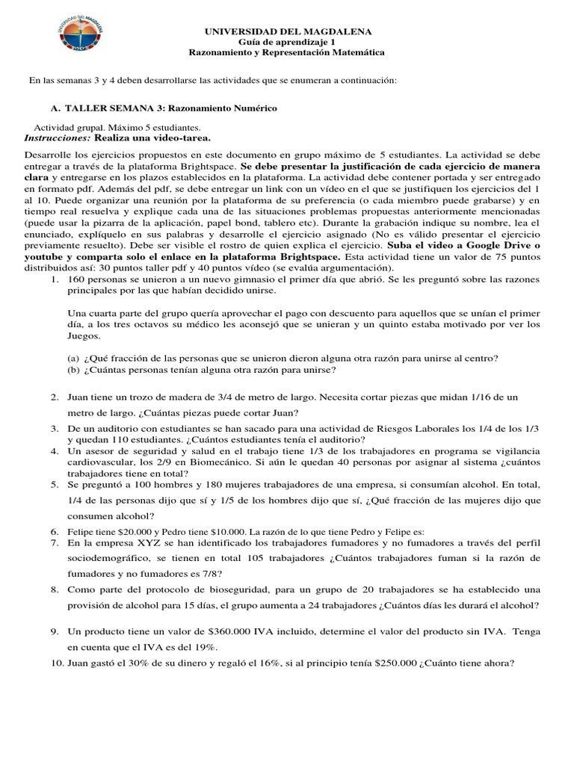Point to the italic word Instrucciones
pyautogui.click(x=57, y=139)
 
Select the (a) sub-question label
pyautogui.click(x=73, y=357)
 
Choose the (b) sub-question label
pyautogui.click(x=73, y=369)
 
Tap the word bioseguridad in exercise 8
pyautogui.click(x=241, y=589)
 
